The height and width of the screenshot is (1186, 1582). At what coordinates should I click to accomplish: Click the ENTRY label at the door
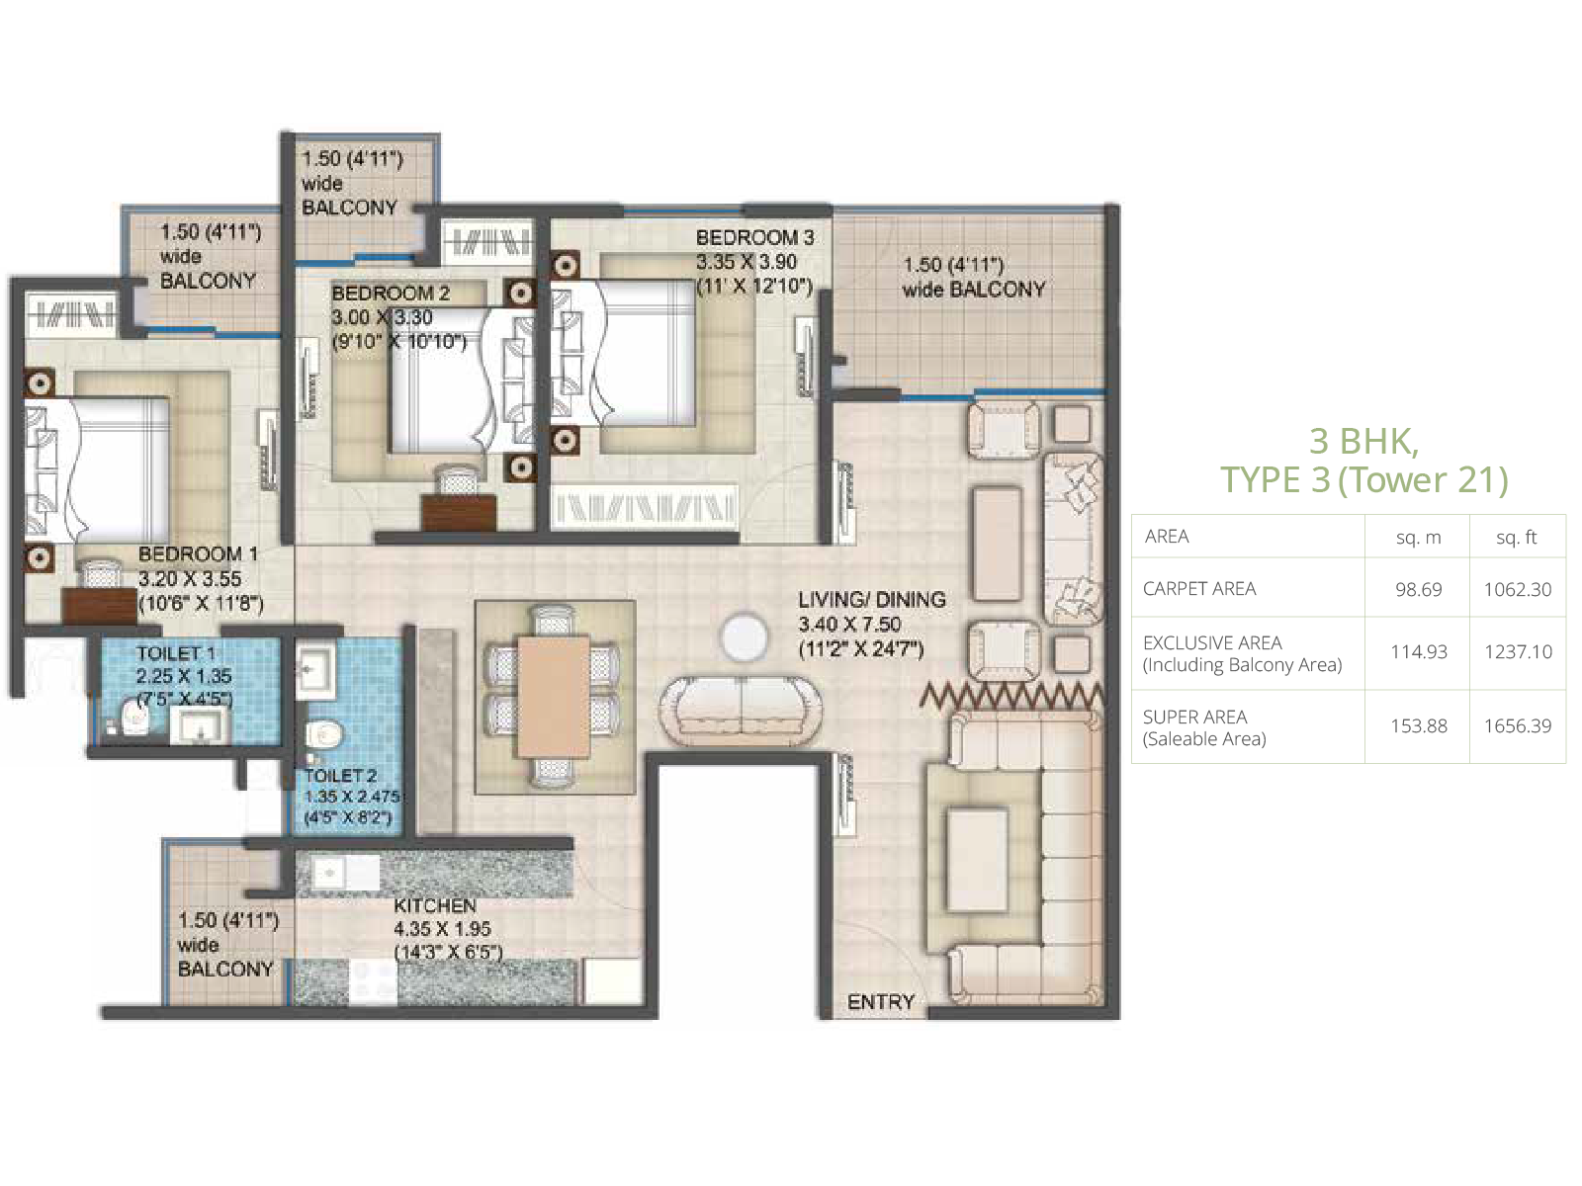click(x=880, y=1001)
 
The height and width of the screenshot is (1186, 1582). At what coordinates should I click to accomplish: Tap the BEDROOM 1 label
click(x=198, y=554)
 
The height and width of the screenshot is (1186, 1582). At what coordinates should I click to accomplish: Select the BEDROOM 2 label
click(x=390, y=294)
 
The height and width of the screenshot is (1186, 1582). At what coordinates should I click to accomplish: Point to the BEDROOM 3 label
click(x=754, y=237)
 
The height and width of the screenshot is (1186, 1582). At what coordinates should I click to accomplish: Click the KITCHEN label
click(x=435, y=905)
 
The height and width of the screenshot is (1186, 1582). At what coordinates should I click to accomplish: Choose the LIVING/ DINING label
click(x=872, y=599)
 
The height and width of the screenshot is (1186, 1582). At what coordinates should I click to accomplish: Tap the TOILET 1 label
click(x=176, y=653)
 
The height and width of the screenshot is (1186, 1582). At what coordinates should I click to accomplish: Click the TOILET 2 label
click(x=340, y=776)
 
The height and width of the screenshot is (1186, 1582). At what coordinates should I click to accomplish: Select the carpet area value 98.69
click(x=1419, y=589)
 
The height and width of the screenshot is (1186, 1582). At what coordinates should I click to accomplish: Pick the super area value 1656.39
click(x=1517, y=725)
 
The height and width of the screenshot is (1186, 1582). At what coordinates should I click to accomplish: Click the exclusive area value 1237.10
click(x=1517, y=651)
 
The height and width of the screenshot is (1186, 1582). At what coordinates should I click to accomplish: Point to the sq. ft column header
click(x=1517, y=538)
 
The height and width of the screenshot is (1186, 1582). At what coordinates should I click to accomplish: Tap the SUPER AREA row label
click(x=1195, y=718)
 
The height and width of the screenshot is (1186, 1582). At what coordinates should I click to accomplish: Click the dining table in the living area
click(x=554, y=697)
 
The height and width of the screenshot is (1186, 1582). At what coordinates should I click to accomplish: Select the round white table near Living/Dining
click(x=745, y=636)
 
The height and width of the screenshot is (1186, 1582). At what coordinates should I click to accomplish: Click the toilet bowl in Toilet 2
click(x=324, y=735)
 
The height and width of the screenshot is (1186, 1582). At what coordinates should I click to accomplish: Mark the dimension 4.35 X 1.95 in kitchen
click(x=443, y=929)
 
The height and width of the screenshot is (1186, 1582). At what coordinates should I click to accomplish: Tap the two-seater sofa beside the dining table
click(x=741, y=711)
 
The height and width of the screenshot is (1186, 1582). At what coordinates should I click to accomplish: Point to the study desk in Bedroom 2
click(x=459, y=513)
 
